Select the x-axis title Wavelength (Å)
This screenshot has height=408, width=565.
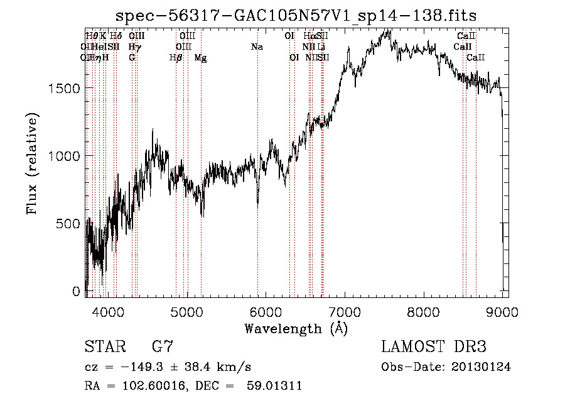(x=296, y=328)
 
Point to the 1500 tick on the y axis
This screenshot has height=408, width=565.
(x=65, y=88)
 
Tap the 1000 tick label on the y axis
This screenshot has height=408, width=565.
(x=65, y=156)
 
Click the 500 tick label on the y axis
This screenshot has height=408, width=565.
(x=70, y=224)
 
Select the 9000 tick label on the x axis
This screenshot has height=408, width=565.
(x=502, y=311)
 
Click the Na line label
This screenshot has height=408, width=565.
(x=257, y=47)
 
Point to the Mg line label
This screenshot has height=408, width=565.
(x=201, y=58)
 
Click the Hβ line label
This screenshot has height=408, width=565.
(x=176, y=58)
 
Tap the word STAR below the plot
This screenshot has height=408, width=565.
(x=104, y=346)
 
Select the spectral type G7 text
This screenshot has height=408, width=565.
(x=162, y=346)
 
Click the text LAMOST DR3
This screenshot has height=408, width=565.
(x=434, y=346)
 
